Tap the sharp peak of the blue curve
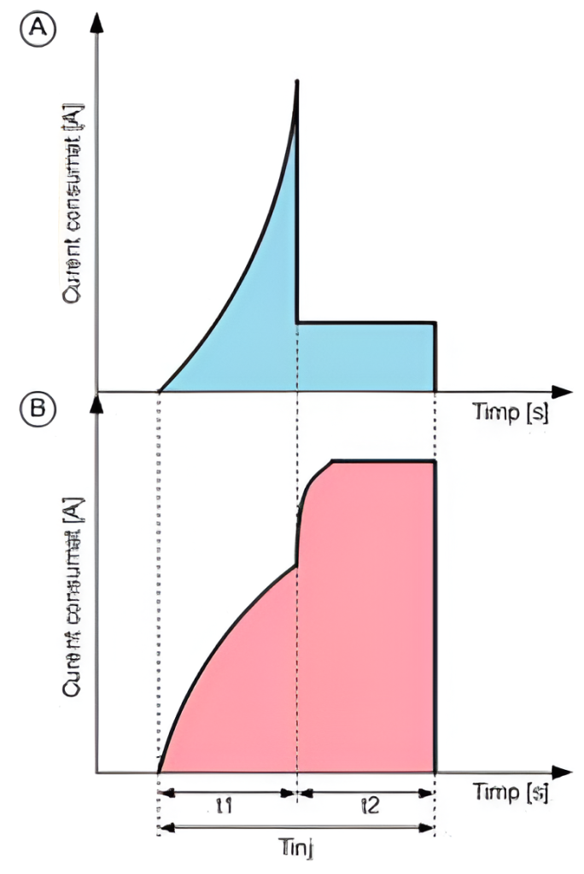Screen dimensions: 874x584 [x=297, y=80]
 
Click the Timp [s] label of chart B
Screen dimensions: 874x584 [x=510, y=792]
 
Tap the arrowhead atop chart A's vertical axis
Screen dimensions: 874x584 [x=99, y=20]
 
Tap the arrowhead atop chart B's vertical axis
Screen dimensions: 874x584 [x=99, y=403]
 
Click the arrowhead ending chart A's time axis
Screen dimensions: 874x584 [x=562, y=392]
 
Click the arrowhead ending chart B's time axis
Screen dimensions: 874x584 [x=562, y=773]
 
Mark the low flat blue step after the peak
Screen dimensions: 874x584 [x=366, y=323]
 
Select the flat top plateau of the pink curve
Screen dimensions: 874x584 [x=383, y=461]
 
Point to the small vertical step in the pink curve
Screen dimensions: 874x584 [x=297, y=538]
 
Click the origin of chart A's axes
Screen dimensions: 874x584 [x=99, y=392]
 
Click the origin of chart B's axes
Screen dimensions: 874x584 [x=99, y=773]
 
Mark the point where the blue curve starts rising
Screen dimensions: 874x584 [x=160, y=391]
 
